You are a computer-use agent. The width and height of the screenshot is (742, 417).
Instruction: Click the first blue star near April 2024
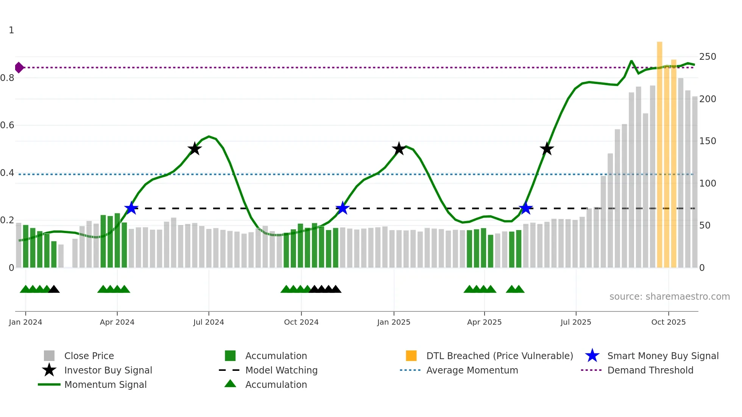pyautogui.click(x=131, y=208)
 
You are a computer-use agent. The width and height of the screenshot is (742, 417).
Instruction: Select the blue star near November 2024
pyautogui.click(x=343, y=208)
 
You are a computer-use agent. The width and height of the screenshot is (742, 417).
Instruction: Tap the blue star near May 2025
pyautogui.click(x=525, y=208)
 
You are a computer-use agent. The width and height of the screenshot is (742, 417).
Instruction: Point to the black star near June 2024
pyautogui.click(x=195, y=149)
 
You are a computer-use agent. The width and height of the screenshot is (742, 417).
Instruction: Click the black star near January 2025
pyautogui.click(x=399, y=149)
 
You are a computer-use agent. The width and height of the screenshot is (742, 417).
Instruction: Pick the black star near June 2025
pyautogui.click(x=547, y=149)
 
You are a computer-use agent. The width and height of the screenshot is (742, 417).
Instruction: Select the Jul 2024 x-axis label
pyautogui.click(x=209, y=322)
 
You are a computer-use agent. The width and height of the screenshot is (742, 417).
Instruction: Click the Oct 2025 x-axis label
pyautogui.click(x=669, y=322)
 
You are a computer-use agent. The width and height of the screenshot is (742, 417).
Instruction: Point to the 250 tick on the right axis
pyautogui.click(x=708, y=57)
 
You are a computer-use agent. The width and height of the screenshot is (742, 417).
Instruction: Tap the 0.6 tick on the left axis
pyautogui.click(x=8, y=125)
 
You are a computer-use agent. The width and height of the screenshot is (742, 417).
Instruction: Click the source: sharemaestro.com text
pyautogui.click(x=669, y=297)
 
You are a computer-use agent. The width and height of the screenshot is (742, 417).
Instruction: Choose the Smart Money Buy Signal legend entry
pyautogui.click(x=662, y=356)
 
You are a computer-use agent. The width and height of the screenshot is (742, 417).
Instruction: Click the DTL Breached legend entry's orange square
pyautogui.click(x=411, y=356)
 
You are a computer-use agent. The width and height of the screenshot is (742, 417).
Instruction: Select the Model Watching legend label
pyautogui.click(x=281, y=370)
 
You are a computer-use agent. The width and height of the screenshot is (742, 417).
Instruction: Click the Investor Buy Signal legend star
pyautogui.click(x=49, y=370)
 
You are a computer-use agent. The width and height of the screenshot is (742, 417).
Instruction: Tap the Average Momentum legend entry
pyautogui.click(x=472, y=370)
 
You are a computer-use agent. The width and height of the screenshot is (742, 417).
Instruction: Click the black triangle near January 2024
pyautogui.click(x=54, y=289)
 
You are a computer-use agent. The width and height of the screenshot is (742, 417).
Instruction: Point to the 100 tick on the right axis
pyautogui.click(x=708, y=184)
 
